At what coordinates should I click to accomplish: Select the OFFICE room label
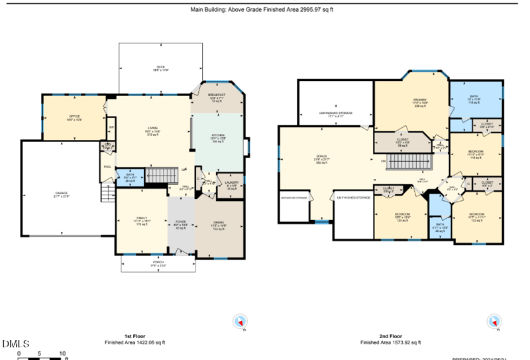pyautogui.click(x=65, y=119)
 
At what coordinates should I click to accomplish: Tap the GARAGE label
pyautogui.click(x=62, y=195)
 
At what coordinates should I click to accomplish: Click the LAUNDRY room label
pyautogui.click(x=231, y=184)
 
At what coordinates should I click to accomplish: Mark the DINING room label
pyautogui.click(x=219, y=223)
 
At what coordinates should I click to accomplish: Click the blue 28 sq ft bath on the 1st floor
pyautogui.click(x=130, y=177)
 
